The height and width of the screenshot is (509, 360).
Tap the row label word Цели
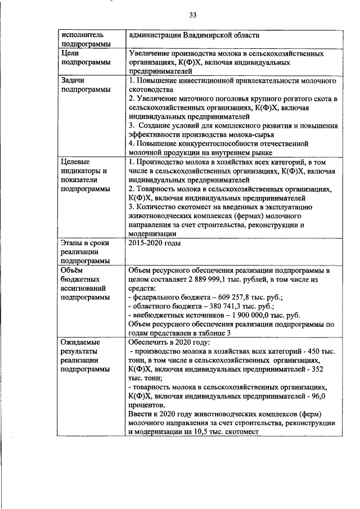(73, 53)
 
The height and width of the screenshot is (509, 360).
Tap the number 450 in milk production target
(316, 351)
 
